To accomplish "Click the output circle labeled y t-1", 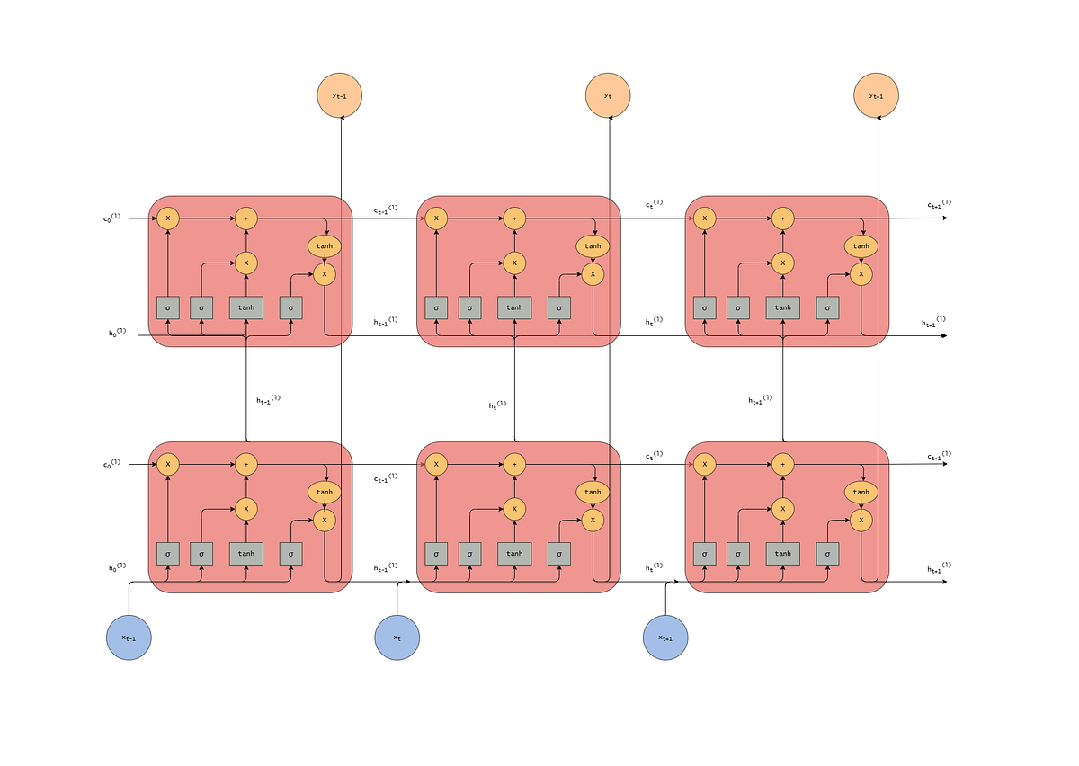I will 340,95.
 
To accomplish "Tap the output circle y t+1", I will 876,95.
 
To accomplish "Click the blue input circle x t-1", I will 129,637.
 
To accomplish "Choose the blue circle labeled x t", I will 397,637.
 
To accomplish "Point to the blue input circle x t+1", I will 665,637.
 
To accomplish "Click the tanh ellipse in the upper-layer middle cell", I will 593,245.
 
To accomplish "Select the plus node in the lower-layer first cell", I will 245,464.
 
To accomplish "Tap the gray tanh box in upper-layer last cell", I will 782,307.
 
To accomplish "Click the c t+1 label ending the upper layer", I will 939,205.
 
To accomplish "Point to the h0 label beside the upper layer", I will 117,333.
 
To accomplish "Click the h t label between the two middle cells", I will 497,405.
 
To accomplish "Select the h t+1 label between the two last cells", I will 760,400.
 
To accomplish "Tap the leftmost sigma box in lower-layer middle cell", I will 436,554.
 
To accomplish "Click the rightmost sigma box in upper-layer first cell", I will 290,307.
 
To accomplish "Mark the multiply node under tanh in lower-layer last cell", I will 861,520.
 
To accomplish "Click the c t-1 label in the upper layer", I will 386,210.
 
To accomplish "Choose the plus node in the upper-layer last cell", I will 782,218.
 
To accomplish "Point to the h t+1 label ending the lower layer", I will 939,568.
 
